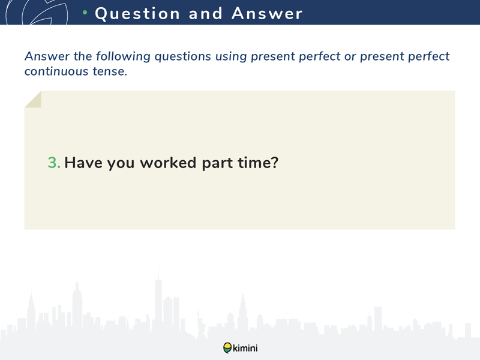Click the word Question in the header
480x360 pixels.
coord(137,14)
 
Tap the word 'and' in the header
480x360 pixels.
coord(205,13)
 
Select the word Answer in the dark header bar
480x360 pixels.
coord(267,13)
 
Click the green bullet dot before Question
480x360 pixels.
coord(85,12)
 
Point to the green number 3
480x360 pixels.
coord(54,163)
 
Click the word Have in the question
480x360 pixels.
coord(83,163)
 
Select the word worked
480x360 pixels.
coord(168,163)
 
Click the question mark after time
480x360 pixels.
coord(274,162)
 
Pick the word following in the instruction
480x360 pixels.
coord(123,56)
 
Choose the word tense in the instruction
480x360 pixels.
coord(110,71)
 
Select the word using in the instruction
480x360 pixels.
coord(231,57)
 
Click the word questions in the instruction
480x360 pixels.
coord(183,57)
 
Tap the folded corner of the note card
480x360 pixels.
coord(33,100)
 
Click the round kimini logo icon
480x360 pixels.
coord(227,348)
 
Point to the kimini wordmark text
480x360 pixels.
coord(245,348)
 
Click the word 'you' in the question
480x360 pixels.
coord(121,164)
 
